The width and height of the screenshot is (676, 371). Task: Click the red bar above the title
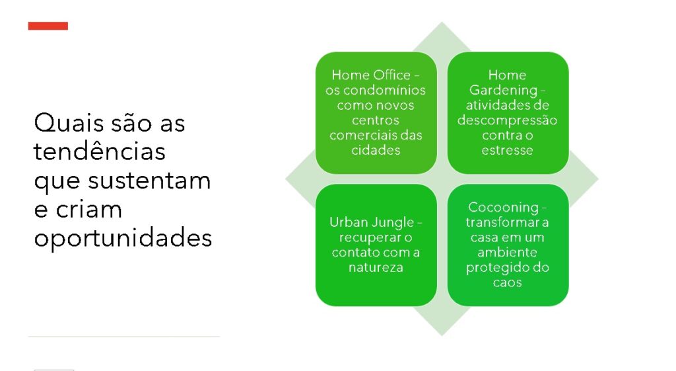point(48,26)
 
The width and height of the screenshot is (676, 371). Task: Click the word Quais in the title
point(69,123)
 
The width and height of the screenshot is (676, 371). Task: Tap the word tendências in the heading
point(100,151)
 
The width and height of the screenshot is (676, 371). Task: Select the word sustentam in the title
point(150,181)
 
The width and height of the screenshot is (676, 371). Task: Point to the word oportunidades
point(123,239)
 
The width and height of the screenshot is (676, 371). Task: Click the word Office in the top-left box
point(391,75)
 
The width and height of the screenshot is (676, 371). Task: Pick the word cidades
point(376,150)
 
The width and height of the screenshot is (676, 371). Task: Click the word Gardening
point(503,91)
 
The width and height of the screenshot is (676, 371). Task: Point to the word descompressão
point(508,120)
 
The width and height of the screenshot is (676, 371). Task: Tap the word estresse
point(508,150)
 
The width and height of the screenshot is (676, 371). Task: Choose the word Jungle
point(392,223)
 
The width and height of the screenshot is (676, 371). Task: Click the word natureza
point(376,268)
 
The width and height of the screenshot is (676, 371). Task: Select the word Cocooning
point(503,208)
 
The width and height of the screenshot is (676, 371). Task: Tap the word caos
point(508,283)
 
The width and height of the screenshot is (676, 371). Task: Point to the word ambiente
point(508,252)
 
